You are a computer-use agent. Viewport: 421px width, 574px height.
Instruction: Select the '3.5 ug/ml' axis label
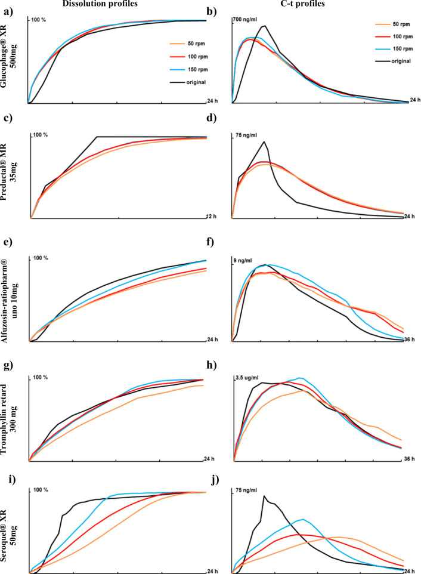point(246,378)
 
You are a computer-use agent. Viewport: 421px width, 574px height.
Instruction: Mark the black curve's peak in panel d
point(264,141)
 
